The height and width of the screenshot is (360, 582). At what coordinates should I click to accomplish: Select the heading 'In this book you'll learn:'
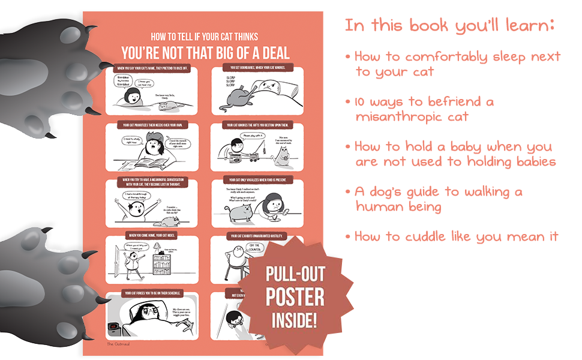(x=449, y=26)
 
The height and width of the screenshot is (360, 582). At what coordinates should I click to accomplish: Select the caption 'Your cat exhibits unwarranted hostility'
(x=257, y=236)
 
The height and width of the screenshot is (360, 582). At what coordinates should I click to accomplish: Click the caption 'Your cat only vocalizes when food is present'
(x=257, y=180)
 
